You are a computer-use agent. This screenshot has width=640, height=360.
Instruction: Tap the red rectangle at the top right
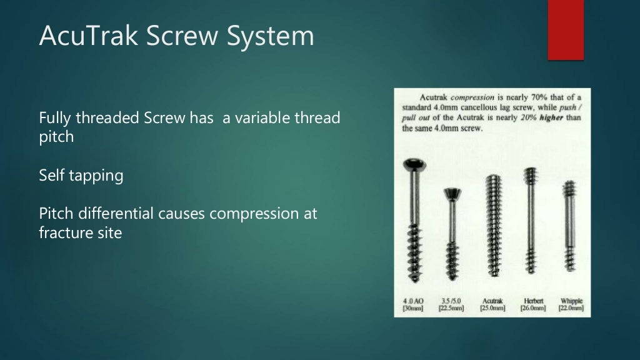click(x=566, y=30)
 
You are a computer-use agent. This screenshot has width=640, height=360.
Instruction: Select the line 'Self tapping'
click(x=81, y=176)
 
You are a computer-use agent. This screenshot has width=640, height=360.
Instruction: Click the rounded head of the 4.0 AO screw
click(x=414, y=165)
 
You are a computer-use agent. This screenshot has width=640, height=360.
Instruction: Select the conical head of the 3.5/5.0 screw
click(x=453, y=195)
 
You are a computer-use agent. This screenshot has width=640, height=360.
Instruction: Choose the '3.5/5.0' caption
click(x=451, y=301)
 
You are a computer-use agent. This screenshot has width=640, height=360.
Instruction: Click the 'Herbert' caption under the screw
click(x=532, y=301)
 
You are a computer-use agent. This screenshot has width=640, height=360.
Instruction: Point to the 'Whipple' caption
click(x=570, y=301)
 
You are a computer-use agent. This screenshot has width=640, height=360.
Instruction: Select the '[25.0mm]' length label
click(x=492, y=308)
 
